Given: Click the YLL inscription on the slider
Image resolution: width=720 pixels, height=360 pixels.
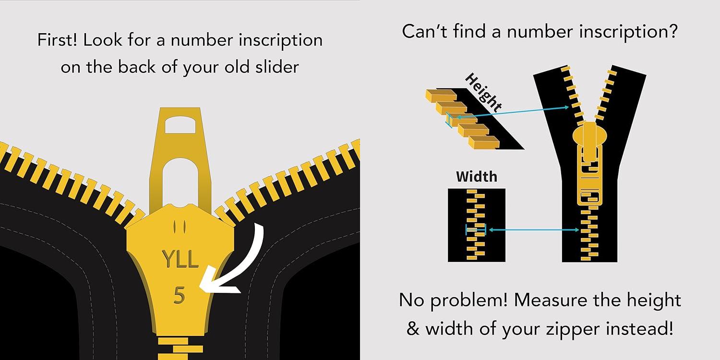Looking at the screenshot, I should (180, 259).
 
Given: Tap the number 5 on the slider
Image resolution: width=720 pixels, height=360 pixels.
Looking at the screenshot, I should (179, 296).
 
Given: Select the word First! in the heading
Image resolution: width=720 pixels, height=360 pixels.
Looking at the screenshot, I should (58, 40).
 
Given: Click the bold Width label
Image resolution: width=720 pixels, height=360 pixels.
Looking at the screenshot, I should (476, 177).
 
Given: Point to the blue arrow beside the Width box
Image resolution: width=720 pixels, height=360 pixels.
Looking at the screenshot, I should (533, 230).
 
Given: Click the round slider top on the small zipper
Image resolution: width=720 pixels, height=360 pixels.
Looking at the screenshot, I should (589, 132).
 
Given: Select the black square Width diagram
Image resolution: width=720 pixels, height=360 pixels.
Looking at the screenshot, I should (476, 225).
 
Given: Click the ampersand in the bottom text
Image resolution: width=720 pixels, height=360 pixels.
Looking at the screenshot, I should (413, 329).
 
